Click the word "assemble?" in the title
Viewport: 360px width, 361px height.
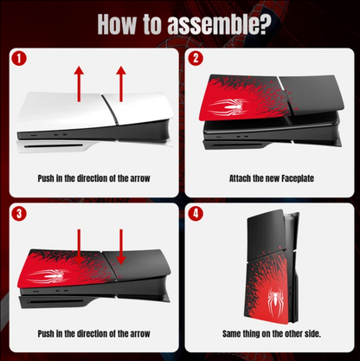pyautogui.click(x=219, y=25)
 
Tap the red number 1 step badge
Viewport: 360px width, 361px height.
pyautogui.click(x=19, y=59)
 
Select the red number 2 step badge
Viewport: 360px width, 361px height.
pyautogui.click(x=196, y=59)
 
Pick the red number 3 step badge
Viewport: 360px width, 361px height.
pyautogui.click(x=19, y=214)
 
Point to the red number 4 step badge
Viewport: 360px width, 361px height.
pyautogui.click(x=196, y=214)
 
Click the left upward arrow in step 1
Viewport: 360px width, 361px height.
pyautogui.click(x=79, y=84)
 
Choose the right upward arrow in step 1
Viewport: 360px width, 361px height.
pyautogui.click(x=121, y=84)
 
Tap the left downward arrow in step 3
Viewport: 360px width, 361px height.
pyautogui.click(x=79, y=247)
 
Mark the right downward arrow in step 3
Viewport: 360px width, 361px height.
pyautogui.click(x=121, y=247)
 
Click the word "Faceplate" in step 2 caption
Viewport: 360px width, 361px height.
pyautogui.click(x=298, y=178)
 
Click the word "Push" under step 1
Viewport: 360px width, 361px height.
pyautogui.click(x=46, y=178)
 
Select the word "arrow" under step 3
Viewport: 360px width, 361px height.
pyautogui.click(x=140, y=334)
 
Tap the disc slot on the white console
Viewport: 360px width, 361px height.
pyautogui.click(x=54, y=146)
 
